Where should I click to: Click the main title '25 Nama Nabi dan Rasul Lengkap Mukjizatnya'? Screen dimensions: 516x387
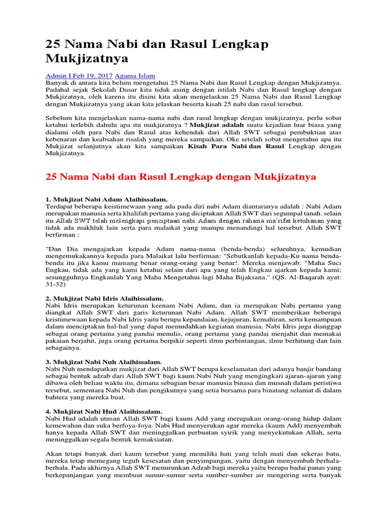157,51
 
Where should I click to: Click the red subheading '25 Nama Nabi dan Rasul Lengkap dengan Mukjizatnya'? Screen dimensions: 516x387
181,177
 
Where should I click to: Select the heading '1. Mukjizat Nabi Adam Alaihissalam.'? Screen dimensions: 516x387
107,199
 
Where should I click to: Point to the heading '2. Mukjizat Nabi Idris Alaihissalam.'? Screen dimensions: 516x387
104,298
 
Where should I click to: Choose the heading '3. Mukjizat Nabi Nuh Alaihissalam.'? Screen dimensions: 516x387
103,362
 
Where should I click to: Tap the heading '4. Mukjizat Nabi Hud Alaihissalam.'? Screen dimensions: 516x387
104,411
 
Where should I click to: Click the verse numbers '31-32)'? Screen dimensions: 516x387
56,284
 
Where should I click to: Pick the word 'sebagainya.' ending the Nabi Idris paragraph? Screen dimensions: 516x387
64,348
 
